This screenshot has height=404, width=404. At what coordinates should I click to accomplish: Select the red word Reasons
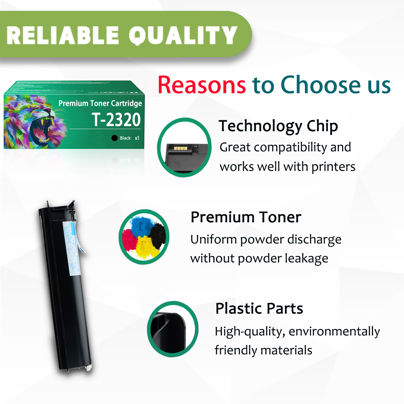tap(202, 85)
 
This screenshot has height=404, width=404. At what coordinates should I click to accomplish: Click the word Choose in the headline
tap(320, 85)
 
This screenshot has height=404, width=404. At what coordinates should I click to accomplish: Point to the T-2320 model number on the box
tap(116, 120)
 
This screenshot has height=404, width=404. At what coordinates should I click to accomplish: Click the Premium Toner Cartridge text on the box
tap(100, 103)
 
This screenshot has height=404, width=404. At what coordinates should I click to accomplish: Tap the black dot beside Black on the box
tap(115, 138)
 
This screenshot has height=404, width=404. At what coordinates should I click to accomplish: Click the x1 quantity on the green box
tap(137, 138)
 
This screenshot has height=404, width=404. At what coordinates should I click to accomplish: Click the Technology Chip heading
tap(278, 126)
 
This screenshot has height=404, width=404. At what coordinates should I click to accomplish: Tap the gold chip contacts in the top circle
tap(181, 148)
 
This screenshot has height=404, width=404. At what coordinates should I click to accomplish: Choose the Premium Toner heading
tap(246, 217)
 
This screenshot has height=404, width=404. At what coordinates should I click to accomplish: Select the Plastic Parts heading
tap(259, 308)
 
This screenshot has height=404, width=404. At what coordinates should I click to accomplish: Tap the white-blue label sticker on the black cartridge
tap(72, 249)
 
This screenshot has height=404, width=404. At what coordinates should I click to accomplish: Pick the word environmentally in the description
tap(334, 331)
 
